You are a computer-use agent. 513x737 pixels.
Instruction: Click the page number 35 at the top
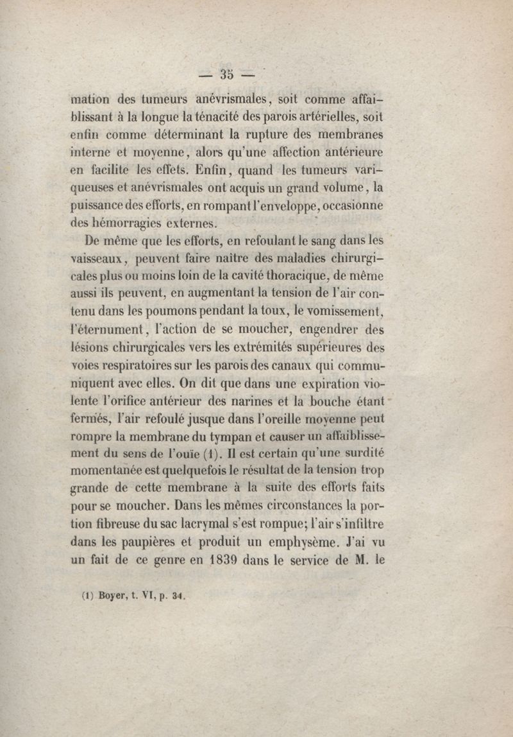226,74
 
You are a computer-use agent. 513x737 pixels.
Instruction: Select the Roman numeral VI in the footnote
147,594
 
